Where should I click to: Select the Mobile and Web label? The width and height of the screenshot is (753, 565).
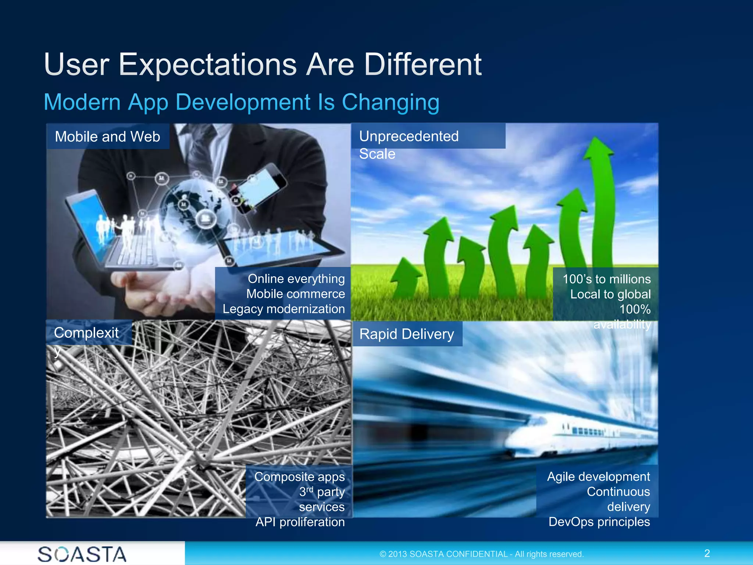[107, 136]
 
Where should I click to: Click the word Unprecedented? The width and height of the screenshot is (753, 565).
[408, 136]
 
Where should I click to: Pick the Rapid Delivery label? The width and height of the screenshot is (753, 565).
[407, 334]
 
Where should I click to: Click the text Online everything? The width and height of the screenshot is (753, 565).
[296, 279]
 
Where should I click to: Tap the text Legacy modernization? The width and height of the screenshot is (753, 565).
[283, 309]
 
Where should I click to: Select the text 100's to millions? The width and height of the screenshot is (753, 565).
[606, 279]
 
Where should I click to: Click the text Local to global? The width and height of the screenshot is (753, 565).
[610, 294]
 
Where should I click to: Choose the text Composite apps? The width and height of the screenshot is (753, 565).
[299, 477]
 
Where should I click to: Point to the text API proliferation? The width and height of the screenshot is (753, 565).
[300, 522]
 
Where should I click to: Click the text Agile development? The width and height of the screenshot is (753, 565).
[598, 477]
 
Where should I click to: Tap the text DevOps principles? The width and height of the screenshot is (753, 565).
[599, 522]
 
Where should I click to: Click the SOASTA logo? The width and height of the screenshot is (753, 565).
[82, 554]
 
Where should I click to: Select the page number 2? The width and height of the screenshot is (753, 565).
[707, 553]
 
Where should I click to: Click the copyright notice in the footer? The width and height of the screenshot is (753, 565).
[481, 554]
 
